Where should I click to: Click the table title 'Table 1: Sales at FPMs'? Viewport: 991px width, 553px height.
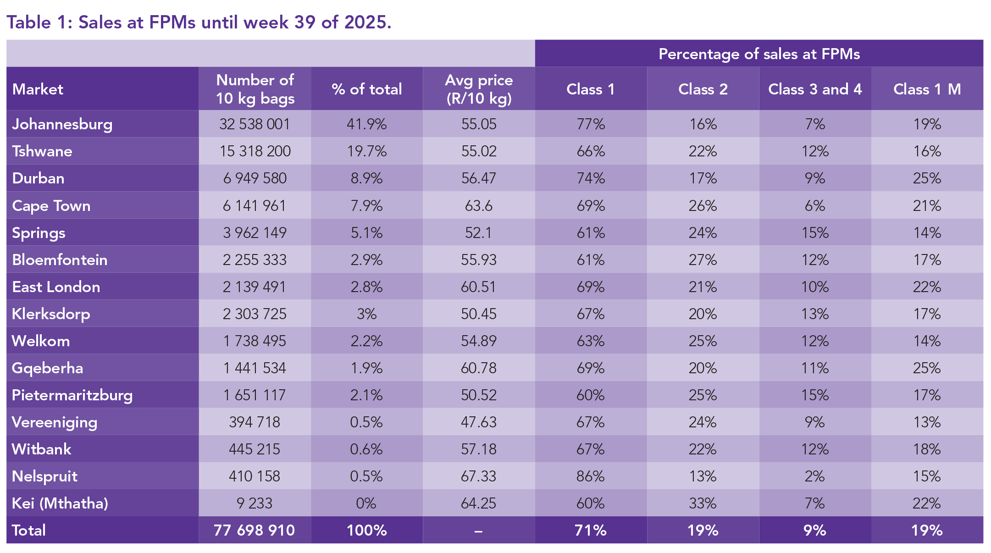tap(199, 22)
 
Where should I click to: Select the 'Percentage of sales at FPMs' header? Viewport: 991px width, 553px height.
tap(759, 54)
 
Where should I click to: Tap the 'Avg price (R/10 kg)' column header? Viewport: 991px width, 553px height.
tap(479, 89)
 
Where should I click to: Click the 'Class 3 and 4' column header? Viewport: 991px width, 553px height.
tap(815, 89)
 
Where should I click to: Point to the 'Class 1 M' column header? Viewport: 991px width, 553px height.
tap(927, 89)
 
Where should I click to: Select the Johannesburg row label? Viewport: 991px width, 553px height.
tap(62, 124)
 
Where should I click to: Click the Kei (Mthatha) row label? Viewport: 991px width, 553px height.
tap(60, 503)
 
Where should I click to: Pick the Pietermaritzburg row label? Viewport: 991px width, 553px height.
tap(72, 395)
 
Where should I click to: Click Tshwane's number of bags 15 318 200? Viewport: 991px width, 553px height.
tap(255, 151)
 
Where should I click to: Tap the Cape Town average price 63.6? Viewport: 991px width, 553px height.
tap(479, 206)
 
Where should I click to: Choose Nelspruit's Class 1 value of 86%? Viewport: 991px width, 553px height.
tap(591, 476)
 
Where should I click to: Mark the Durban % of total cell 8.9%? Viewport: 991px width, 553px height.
tap(366, 178)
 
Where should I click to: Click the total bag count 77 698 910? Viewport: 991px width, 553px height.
tap(255, 531)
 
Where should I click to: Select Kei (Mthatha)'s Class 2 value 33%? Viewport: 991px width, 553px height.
tap(703, 503)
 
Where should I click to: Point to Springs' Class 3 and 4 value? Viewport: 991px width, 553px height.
tap(815, 233)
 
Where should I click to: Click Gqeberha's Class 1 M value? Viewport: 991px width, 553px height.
tap(927, 368)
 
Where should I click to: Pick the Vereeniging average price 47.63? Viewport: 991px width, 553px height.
tap(479, 422)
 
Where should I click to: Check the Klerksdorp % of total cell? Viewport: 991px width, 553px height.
tap(366, 314)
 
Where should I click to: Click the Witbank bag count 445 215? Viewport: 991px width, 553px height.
tap(255, 449)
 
